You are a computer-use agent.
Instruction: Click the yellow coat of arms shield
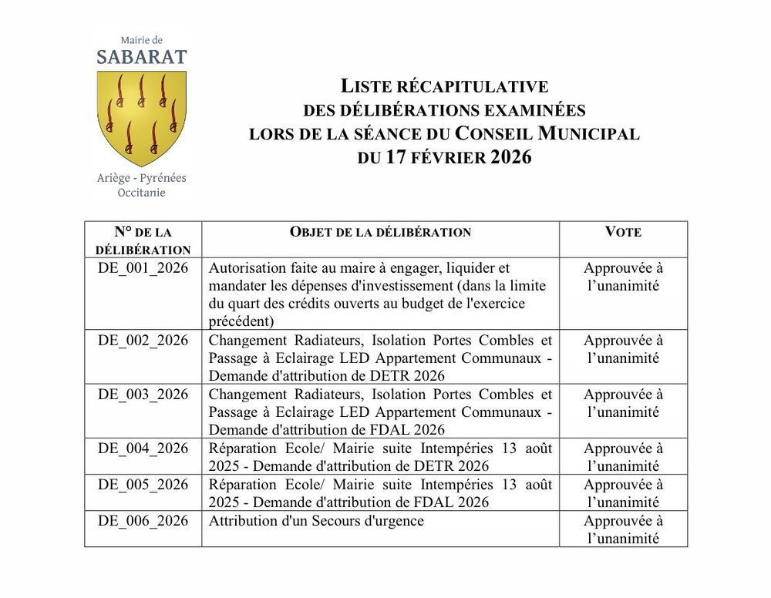point(141,116)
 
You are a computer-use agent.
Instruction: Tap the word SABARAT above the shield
point(141,57)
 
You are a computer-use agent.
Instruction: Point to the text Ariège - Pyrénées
point(141,178)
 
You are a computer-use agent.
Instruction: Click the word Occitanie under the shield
point(141,193)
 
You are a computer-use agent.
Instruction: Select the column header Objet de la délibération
point(380,232)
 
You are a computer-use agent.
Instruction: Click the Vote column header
point(623,232)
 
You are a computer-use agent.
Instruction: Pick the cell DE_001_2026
point(143,268)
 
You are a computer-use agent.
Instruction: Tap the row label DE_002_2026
point(143,341)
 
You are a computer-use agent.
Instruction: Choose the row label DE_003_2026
point(143,395)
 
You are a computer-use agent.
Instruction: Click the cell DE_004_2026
point(143,448)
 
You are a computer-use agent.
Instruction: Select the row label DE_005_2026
point(143,485)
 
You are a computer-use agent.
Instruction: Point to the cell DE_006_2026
point(143,521)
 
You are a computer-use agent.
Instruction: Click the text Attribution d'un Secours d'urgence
point(316,521)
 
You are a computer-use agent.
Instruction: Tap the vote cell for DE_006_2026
point(623,529)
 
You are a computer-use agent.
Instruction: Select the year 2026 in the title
point(511,157)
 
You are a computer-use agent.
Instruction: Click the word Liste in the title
point(367,86)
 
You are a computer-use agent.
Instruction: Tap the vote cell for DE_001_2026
point(623,277)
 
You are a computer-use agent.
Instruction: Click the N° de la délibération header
point(143,240)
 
